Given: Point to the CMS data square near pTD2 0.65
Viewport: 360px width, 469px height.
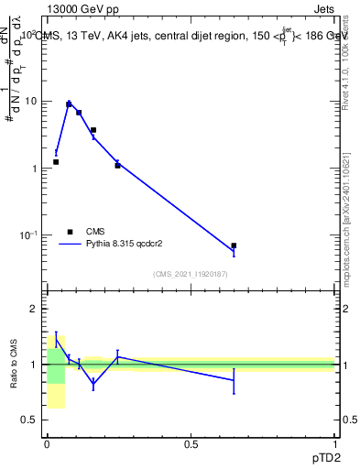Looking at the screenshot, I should [234, 245].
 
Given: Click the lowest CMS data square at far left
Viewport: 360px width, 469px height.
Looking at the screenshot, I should [56, 162].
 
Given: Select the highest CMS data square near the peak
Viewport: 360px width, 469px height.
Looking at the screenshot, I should [69, 104].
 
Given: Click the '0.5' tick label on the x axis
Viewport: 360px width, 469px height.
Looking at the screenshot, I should [191, 443].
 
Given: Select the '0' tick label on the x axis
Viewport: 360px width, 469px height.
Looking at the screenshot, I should [47, 443].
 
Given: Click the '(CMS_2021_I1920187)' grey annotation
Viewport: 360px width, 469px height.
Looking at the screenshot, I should [191, 275].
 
